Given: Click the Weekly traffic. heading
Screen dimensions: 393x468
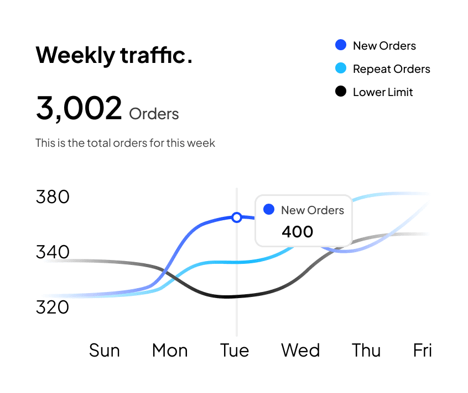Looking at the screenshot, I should (x=114, y=55).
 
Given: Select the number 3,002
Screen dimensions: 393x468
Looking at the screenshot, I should (x=79, y=108).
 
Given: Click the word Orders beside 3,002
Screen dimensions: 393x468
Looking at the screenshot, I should (x=154, y=114).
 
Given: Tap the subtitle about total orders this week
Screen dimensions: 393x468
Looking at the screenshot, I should (x=125, y=143).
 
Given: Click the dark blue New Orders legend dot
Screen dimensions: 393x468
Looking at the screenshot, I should (x=341, y=45).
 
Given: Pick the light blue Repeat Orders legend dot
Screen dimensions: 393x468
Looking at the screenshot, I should (x=341, y=68).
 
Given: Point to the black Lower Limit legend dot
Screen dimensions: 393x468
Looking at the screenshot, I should (x=341, y=92).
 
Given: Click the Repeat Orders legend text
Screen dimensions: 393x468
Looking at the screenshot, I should (x=391, y=69).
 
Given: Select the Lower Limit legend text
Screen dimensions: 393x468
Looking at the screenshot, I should (x=383, y=92).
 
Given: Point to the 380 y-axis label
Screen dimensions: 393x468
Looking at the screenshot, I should (x=53, y=197).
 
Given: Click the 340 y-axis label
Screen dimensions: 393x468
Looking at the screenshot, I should (x=53, y=252).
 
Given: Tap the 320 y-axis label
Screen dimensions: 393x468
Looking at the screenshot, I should (x=53, y=307).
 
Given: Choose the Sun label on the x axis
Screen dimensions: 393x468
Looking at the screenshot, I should (x=105, y=350).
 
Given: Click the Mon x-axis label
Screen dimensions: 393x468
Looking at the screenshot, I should (x=170, y=350).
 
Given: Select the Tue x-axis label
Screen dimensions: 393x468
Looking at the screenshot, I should (x=235, y=350).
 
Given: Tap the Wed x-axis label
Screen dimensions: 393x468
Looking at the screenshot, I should (x=300, y=350).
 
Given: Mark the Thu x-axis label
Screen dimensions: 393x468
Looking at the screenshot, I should (x=366, y=350).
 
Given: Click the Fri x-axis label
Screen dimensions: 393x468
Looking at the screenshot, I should (x=423, y=350).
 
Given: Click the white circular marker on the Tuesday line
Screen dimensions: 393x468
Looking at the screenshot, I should (x=237, y=217).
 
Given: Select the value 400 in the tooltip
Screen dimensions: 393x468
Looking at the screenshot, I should (x=297, y=232).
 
